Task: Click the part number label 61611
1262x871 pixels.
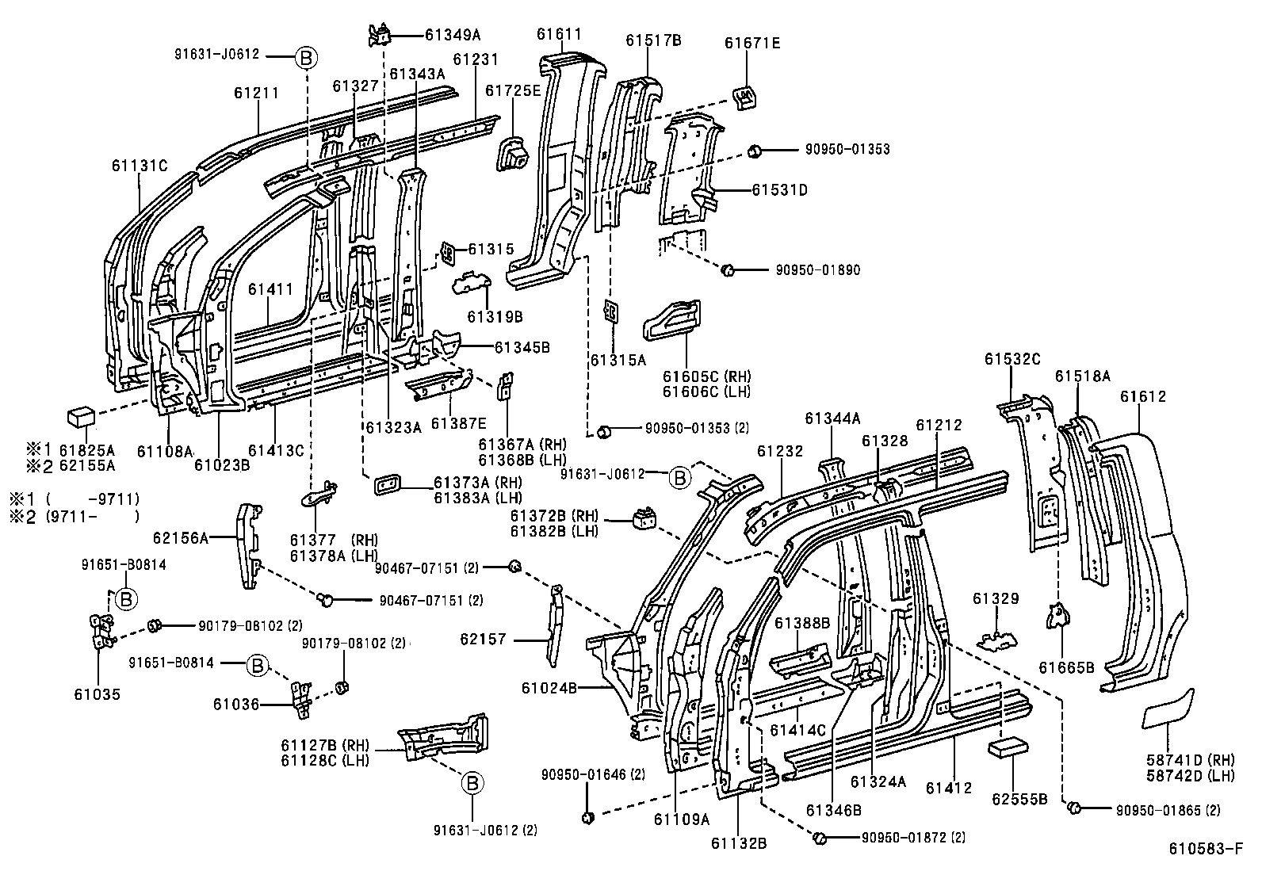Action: click(559, 34)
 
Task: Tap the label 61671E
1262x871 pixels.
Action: click(751, 43)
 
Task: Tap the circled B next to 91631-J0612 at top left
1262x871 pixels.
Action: click(306, 56)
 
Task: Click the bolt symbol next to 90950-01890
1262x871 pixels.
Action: click(727, 271)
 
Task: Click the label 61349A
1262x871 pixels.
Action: click(453, 35)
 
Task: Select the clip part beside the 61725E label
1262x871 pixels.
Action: click(514, 154)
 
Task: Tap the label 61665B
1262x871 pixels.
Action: click(1066, 667)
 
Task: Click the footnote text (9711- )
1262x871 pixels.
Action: click(92, 517)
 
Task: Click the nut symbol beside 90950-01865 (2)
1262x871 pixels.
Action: click(1075, 808)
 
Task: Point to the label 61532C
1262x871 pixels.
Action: click(1012, 358)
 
